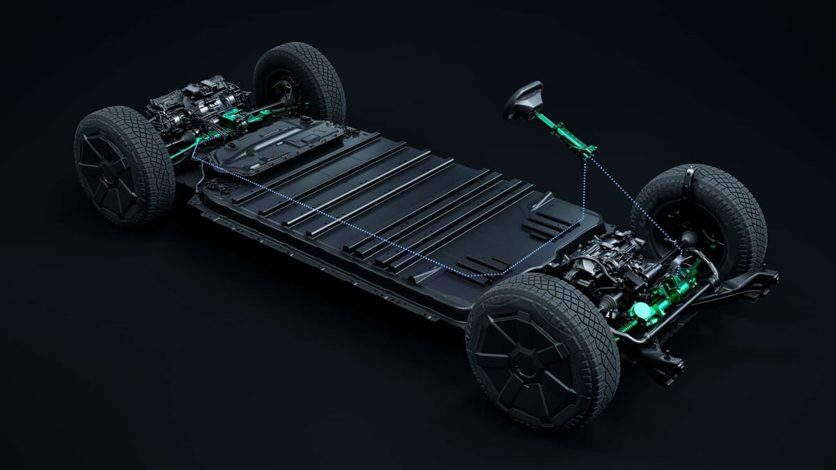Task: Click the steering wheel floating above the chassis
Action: point(523,100)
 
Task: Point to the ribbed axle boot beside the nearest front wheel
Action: point(607,301)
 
